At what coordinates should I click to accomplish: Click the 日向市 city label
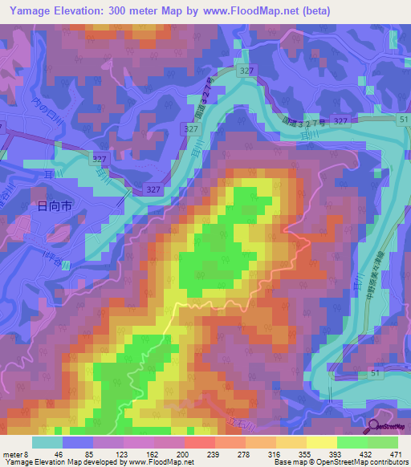point(55,206)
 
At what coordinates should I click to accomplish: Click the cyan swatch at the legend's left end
point(47,442)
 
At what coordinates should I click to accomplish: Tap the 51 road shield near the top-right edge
point(403,119)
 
